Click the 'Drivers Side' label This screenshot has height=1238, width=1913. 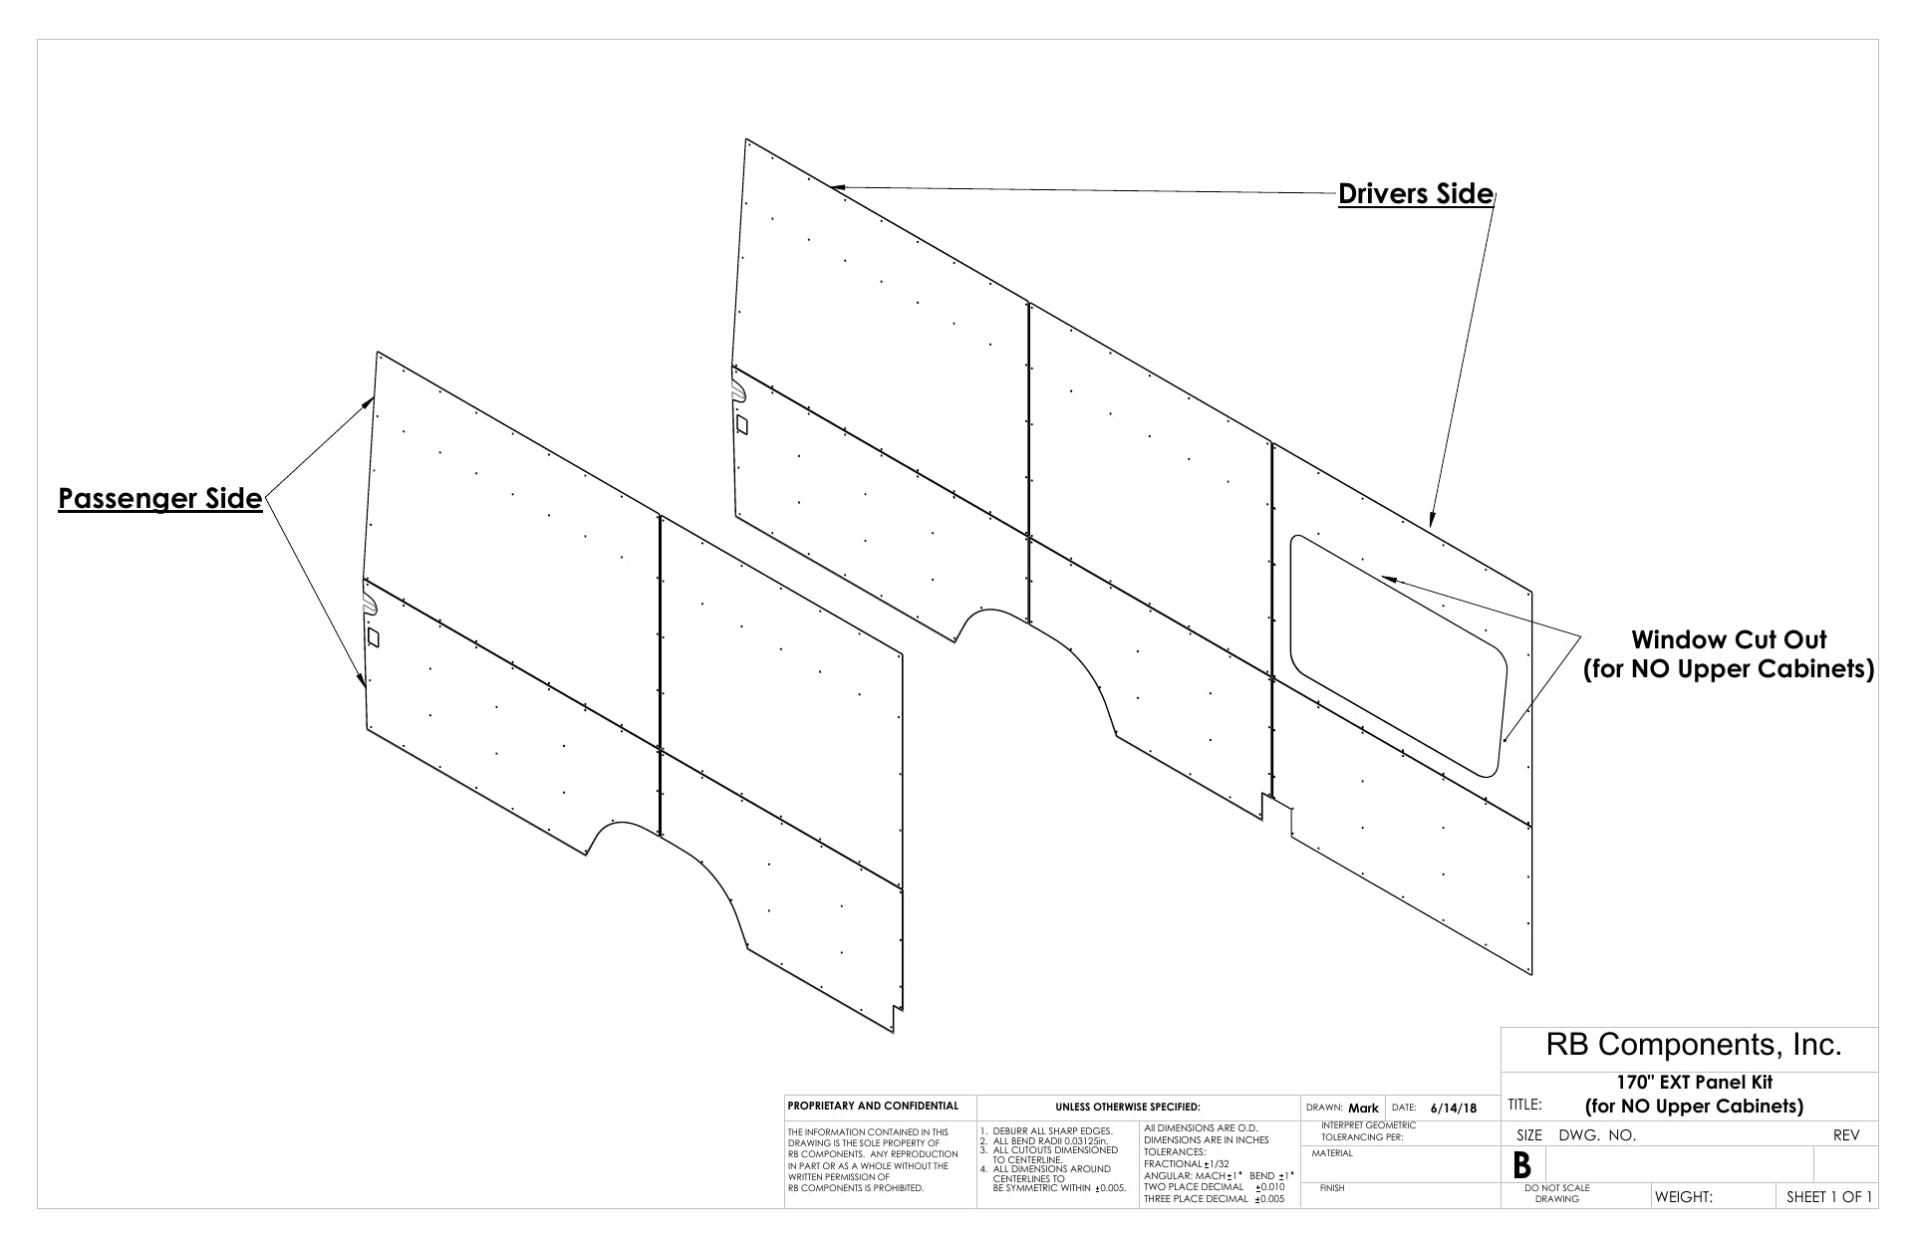coord(1415,193)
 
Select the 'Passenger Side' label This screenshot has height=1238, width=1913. coord(159,498)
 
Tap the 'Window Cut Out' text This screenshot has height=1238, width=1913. coord(1729,639)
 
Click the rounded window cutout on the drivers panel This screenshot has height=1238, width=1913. coord(1399,655)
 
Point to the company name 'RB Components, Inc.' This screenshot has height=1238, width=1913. coord(1693,1045)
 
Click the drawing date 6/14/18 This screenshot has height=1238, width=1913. coord(1454,1108)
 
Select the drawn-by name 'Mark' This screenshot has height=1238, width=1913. coord(1363,1108)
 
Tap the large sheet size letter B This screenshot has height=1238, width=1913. coord(1521,1165)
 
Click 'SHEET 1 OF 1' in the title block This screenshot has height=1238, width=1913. coord(1828,1196)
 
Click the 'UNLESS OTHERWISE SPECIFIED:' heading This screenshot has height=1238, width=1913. coord(1127,1107)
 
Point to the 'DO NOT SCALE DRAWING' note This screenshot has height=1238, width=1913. coord(1556,1193)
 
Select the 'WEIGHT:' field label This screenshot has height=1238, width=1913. coord(1683,1196)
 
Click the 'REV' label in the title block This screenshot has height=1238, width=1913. coord(1846,1134)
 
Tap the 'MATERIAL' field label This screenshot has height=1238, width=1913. coord(1332,1153)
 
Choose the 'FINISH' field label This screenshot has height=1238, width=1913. coord(1331,1188)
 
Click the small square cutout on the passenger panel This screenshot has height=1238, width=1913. coord(374,635)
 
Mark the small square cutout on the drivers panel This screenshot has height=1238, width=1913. coord(741,424)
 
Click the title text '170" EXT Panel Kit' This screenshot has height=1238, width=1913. coord(1694,1083)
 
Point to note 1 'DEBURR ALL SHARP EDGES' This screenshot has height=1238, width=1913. coord(1046,1130)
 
